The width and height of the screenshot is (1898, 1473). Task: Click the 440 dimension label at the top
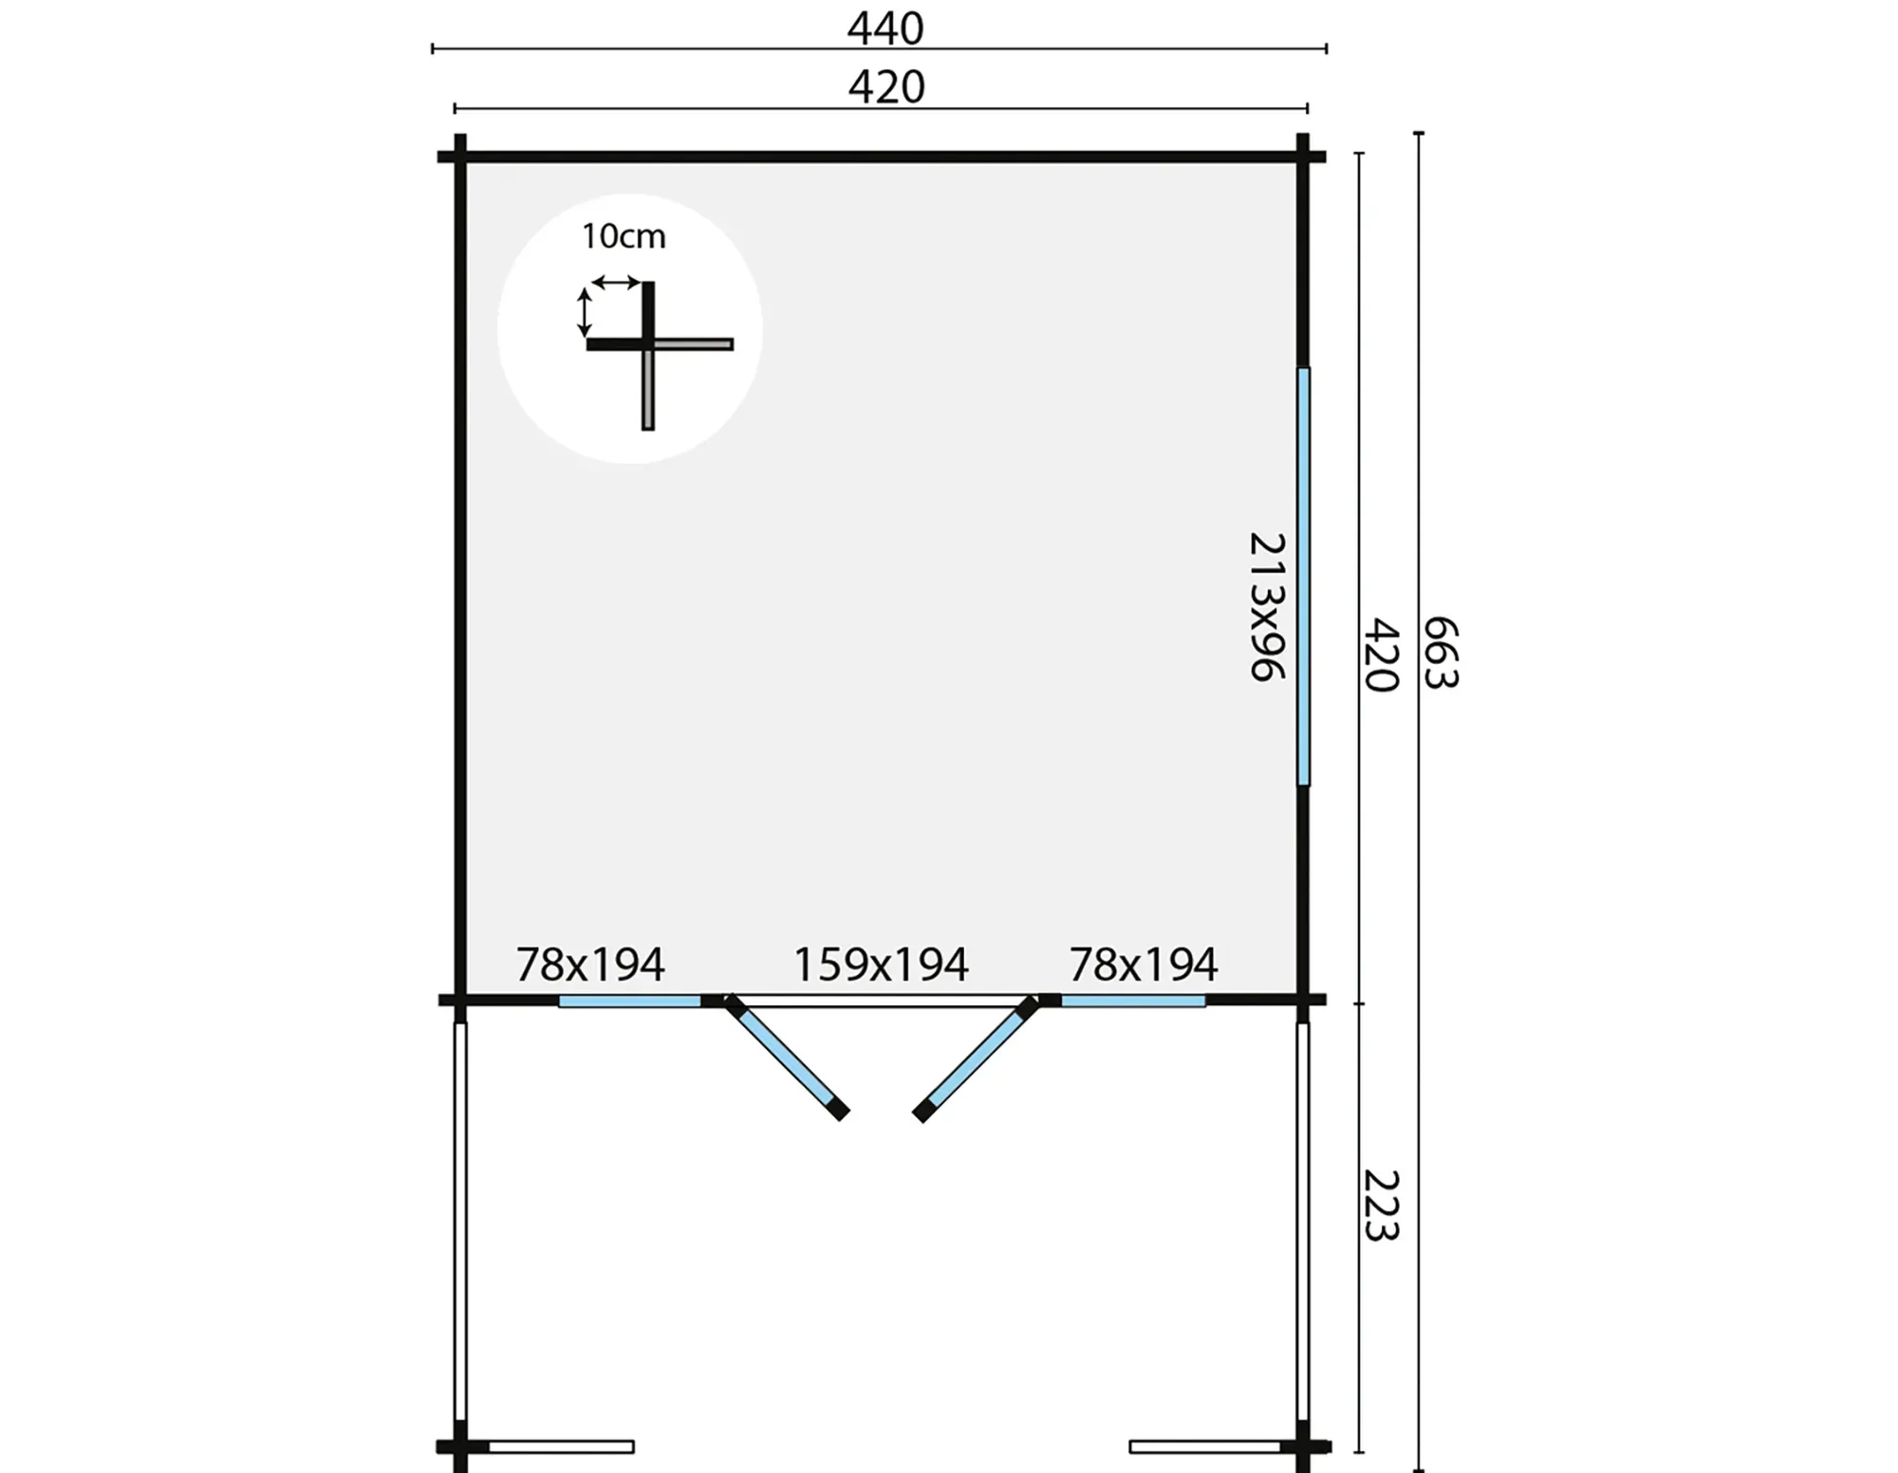(x=884, y=28)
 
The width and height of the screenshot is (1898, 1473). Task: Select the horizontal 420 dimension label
(x=885, y=87)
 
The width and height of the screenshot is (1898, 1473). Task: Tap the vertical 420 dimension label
(x=1382, y=655)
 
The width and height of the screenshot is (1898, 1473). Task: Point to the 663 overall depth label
(x=1441, y=653)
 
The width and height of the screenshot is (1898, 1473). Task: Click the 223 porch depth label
(x=1382, y=1205)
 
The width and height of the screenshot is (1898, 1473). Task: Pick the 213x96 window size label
(x=1267, y=606)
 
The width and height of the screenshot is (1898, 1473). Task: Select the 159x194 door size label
(x=880, y=965)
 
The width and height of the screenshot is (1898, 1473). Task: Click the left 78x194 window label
(x=589, y=965)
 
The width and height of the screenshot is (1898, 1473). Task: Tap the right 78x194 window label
(x=1143, y=965)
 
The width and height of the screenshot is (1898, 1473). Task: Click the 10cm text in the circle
(x=623, y=236)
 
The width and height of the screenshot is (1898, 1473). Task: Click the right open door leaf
(x=976, y=1059)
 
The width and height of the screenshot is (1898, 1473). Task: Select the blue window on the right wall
(x=1304, y=577)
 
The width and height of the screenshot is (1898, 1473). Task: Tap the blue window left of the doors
(x=630, y=1001)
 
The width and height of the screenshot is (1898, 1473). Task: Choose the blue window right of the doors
(x=1133, y=1001)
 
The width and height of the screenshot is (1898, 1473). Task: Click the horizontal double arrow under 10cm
(x=616, y=282)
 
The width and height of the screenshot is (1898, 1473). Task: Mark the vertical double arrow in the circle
(x=585, y=313)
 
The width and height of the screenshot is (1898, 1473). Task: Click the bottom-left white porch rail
(x=561, y=1446)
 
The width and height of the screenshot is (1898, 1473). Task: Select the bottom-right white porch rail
(x=1205, y=1446)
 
